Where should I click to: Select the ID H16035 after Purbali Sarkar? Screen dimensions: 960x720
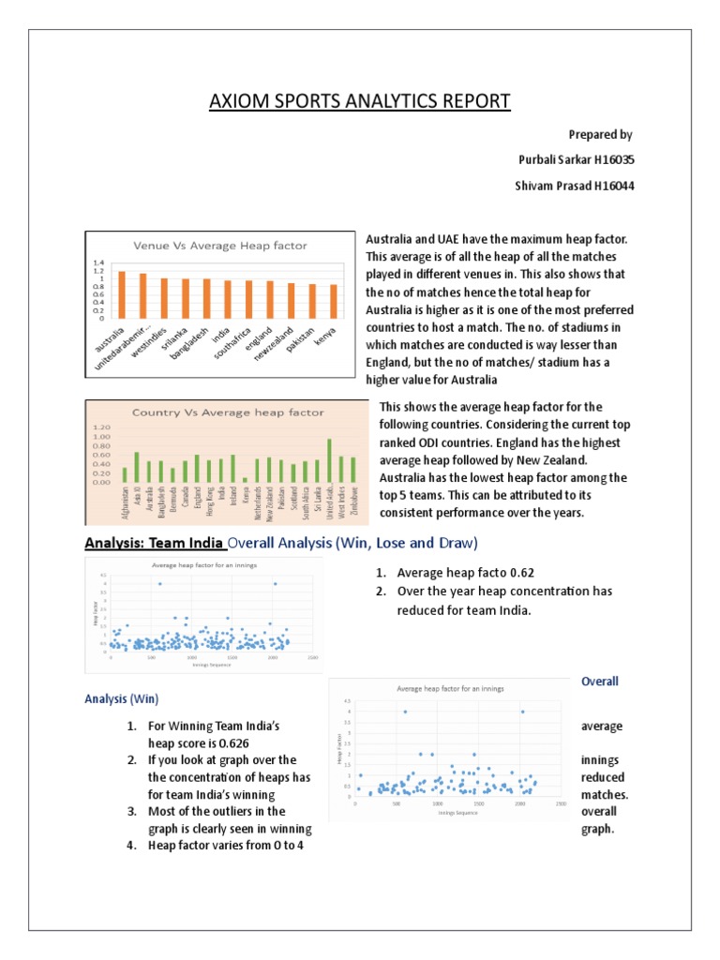point(609,160)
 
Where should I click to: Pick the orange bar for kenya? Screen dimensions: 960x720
point(333,301)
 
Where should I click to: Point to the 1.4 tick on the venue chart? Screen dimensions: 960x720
point(97,263)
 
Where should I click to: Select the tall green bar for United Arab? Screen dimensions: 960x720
point(329,460)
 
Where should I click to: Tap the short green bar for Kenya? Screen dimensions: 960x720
point(246,479)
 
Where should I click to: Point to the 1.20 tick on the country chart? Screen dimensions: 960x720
point(102,427)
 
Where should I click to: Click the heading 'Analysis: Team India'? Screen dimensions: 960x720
point(155,542)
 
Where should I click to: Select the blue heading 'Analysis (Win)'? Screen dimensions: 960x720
point(122,698)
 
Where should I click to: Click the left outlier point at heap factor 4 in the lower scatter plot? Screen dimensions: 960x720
point(405,712)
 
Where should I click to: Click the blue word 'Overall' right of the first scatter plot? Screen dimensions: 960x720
point(600,681)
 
